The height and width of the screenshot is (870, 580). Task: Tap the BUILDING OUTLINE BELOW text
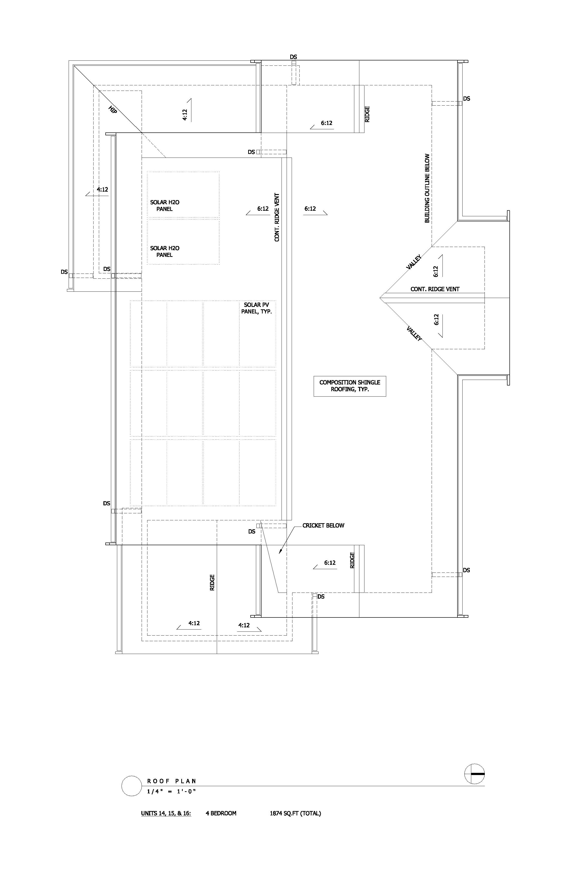(427, 188)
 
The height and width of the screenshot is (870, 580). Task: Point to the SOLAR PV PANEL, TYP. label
(257, 308)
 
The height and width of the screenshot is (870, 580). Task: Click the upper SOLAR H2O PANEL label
(165, 206)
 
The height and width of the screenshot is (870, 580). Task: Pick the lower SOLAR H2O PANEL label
(165, 252)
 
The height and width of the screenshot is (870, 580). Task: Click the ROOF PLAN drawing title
(172, 781)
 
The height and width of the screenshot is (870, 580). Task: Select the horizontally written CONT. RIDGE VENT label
(435, 289)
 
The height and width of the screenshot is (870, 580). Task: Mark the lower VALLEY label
(414, 334)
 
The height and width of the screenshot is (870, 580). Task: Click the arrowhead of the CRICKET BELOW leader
(280, 551)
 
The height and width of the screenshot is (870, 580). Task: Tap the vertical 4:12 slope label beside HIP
(185, 115)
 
